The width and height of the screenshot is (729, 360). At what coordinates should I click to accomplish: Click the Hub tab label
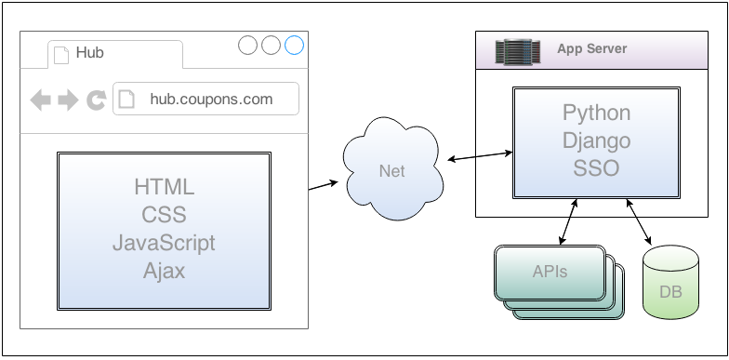[89, 53]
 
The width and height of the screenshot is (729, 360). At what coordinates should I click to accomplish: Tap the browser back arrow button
[40, 100]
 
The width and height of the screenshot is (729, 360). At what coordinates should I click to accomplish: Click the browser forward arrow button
[67, 100]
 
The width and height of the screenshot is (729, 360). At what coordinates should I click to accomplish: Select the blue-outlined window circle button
[294, 45]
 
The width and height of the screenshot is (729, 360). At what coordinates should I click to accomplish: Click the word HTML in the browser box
[165, 187]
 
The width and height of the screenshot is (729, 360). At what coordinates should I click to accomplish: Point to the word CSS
[165, 215]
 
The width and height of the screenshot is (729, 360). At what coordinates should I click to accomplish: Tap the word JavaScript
[165, 243]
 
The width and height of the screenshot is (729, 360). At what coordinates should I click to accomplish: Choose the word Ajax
[165, 271]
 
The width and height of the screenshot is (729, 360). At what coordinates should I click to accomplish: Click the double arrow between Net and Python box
[479, 155]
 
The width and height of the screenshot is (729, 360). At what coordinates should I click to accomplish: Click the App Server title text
[592, 48]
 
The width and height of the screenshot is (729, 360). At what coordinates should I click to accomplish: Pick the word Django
[596, 141]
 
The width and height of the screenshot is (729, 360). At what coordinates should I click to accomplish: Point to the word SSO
[596, 169]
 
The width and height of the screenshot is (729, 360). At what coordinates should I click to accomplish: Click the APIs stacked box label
[550, 272]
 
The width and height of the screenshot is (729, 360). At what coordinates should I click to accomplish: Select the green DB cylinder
[669, 285]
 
